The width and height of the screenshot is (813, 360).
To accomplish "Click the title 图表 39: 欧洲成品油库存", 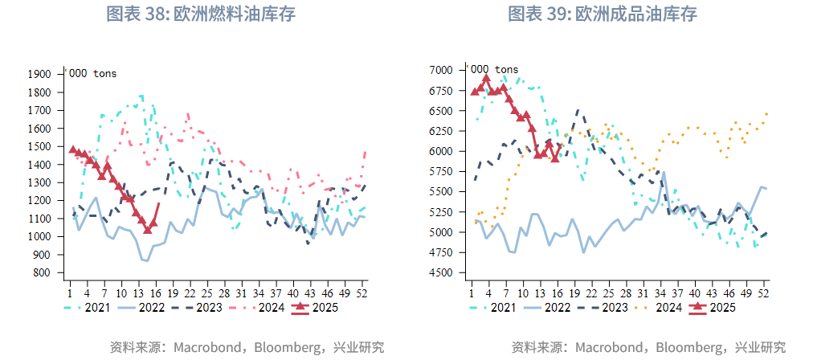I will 603,14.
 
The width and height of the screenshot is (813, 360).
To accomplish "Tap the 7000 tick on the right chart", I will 442,70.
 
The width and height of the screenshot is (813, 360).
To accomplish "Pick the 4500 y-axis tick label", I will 442,272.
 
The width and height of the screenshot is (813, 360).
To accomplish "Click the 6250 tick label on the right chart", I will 442,131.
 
